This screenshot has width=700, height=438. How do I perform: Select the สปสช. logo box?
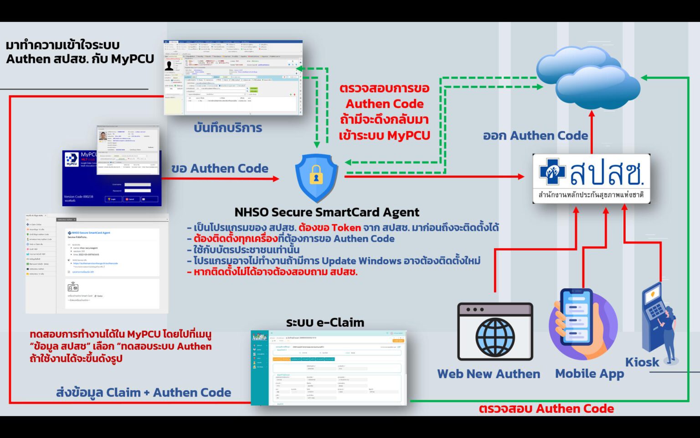tap(591, 178)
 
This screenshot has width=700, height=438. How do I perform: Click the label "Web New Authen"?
tap(489, 374)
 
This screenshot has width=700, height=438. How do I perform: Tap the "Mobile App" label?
tap(589, 374)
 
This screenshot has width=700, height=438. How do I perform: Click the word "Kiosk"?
tap(642, 362)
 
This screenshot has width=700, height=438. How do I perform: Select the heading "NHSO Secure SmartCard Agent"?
tap(327, 212)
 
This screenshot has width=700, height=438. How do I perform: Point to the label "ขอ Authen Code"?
tap(220, 168)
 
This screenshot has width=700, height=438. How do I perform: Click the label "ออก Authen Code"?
tap(535, 136)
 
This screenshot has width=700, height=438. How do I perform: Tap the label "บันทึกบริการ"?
tap(228, 128)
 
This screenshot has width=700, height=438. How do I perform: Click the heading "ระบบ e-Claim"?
tap(325, 323)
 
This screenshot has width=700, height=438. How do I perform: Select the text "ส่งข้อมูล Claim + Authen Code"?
tap(144, 392)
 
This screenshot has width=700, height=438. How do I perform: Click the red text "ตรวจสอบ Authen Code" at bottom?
tap(546, 408)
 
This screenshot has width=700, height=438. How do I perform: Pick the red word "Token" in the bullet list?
tap(346, 227)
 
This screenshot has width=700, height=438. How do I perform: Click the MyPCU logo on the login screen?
tap(72, 159)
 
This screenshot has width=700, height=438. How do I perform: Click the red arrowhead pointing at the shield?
tap(276, 178)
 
